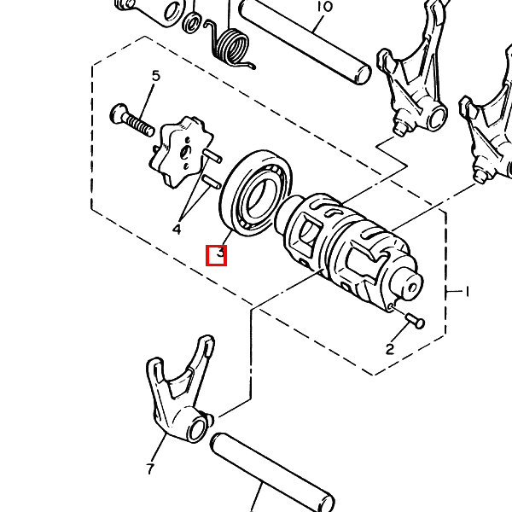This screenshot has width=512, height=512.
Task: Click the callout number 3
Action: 221,253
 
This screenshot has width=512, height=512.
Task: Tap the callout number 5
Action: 156,76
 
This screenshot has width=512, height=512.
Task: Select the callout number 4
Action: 177,230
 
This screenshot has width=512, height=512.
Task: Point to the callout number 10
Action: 324,6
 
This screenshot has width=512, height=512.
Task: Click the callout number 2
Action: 390,349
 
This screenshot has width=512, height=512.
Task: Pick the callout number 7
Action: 150,468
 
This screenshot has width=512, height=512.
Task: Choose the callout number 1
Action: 467,291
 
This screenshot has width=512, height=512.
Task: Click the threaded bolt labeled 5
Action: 132,120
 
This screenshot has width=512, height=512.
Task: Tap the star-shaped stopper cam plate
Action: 181,152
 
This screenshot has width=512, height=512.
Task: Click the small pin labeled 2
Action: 415,320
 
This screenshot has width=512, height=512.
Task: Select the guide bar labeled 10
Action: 305,43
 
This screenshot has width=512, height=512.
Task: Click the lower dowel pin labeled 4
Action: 212,182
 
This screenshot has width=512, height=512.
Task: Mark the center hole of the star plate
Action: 185,152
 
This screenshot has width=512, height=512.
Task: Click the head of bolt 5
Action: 119,113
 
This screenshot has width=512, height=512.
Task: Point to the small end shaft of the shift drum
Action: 409,285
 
